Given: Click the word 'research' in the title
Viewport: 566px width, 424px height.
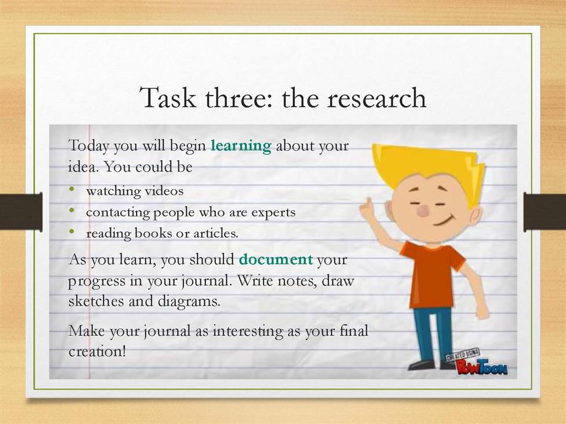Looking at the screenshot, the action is (377, 99).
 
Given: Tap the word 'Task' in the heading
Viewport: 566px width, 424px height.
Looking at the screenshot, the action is (168, 97).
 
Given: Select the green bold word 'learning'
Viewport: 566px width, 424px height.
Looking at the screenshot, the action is (241, 146).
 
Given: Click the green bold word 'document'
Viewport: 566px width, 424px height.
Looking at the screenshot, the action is (276, 259).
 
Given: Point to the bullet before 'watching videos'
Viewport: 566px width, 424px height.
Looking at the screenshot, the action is (72, 189).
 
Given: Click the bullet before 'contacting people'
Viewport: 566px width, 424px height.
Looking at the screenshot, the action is (72, 209).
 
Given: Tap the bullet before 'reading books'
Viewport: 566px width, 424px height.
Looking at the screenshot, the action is (72, 231).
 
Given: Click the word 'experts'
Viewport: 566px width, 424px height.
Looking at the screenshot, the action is (273, 213).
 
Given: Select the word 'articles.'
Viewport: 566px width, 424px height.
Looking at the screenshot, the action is (216, 233).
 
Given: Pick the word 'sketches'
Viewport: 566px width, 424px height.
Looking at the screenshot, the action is (96, 300).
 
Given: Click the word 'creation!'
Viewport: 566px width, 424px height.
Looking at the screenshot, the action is (97, 351).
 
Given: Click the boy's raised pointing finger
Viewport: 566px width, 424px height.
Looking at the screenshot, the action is (369, 202).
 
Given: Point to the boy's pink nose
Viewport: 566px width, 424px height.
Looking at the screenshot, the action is (423, 211).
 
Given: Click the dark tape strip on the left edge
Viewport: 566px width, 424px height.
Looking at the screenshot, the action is (21, 212).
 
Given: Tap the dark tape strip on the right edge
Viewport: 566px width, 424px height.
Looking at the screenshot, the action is (545, 212).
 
